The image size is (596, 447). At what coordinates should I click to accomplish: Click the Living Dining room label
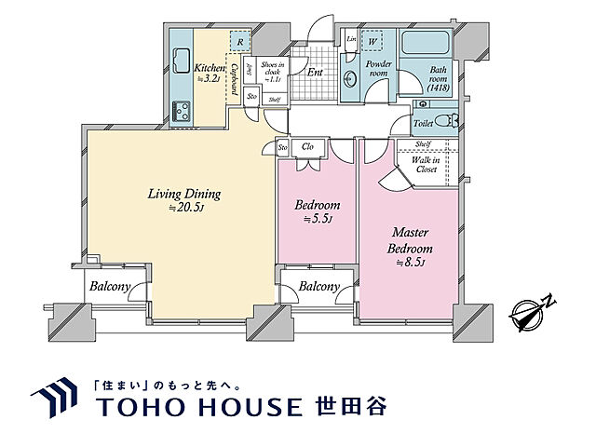(x=183, y=201)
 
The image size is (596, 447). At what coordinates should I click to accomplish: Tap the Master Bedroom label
(x=411, y=242)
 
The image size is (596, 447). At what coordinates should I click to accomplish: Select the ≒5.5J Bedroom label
(x=318, y=212)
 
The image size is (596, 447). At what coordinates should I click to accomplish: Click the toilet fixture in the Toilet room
(x=448, y=120)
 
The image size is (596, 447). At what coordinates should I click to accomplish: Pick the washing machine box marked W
(x=373, y=41)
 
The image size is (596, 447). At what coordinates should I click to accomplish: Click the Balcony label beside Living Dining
(x=109, y=288)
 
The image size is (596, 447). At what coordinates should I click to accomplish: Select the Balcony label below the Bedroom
(x=318, y=288)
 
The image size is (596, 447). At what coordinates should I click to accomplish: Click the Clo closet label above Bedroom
(x=308, y=147)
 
